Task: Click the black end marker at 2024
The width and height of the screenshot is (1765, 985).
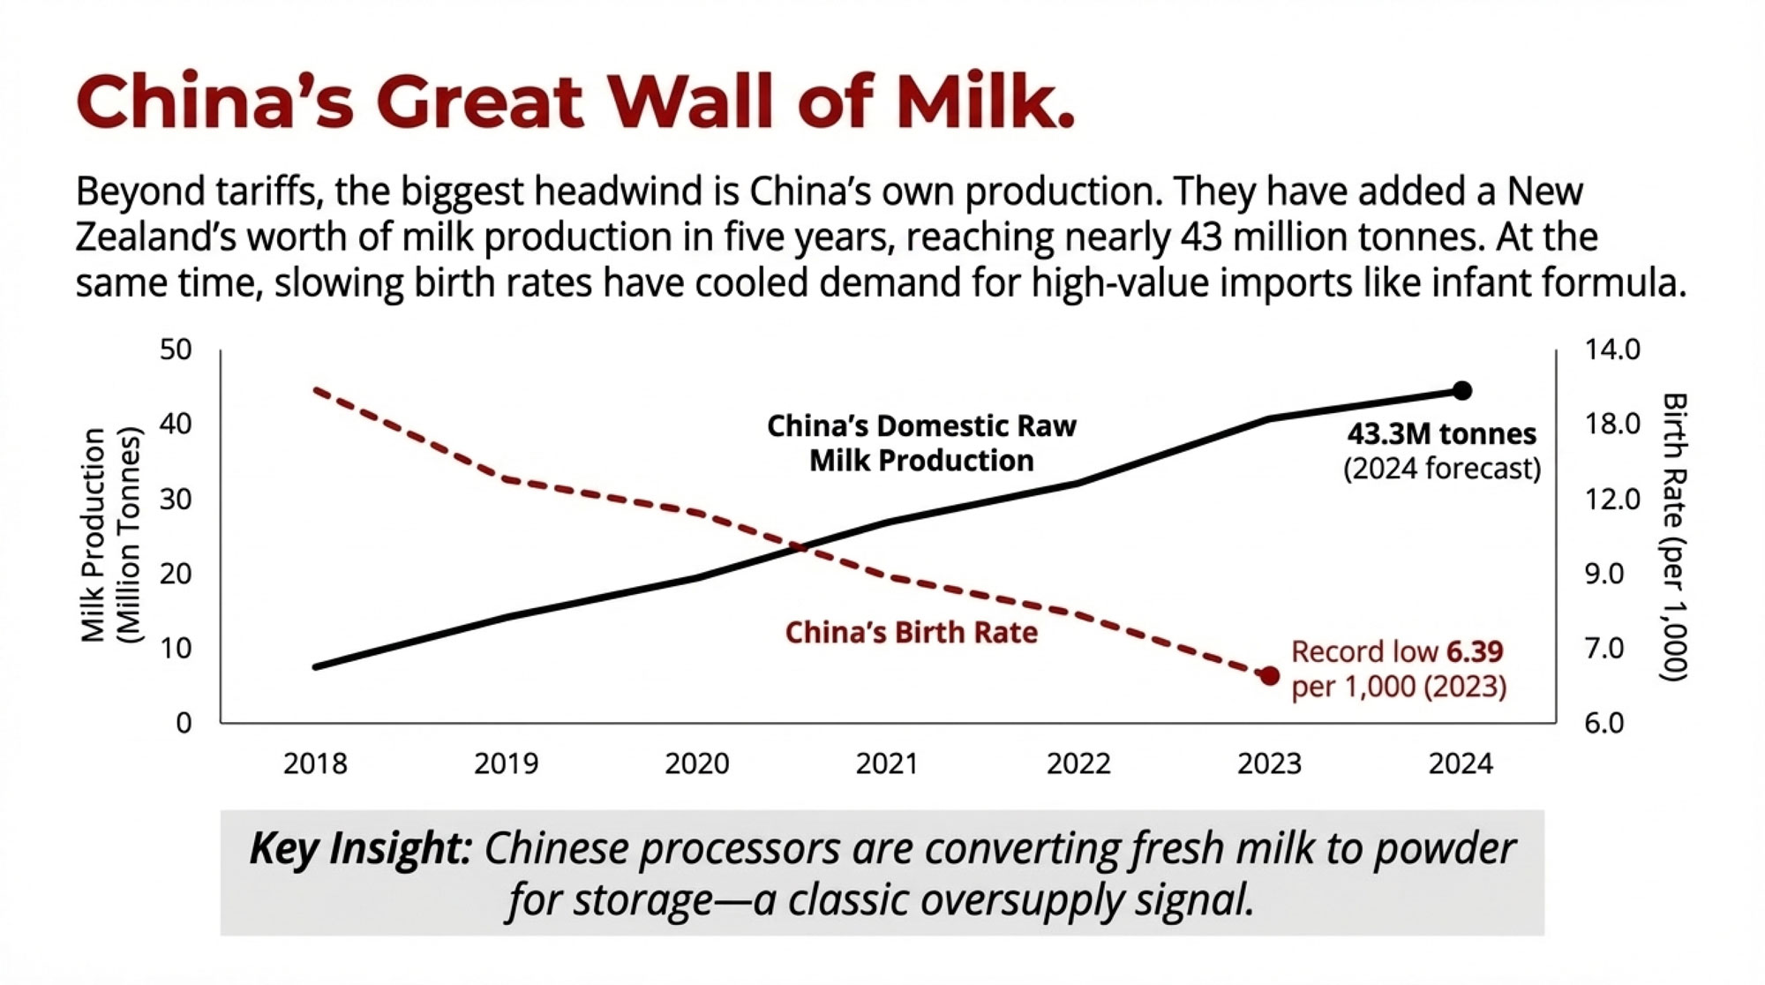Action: click(x=1461, y=390)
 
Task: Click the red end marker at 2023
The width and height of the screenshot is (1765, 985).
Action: click(x=1269, y=676)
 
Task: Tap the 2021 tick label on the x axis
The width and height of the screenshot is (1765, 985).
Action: click(x=887, y=763)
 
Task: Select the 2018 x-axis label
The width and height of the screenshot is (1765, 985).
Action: click(x=315, y=763)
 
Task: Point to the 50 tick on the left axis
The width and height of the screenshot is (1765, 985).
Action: click(x=176, y=350)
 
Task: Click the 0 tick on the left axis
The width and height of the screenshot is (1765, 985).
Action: click(x=184, y=723)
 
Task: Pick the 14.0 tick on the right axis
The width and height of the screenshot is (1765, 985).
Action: click(x=1612, y=350)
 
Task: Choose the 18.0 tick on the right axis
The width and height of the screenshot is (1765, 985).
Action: click(x=1612, y=425)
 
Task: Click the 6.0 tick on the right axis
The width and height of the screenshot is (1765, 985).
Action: click(x=1604, y=723)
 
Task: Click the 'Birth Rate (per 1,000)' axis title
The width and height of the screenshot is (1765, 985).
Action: click(x=1674, y=537)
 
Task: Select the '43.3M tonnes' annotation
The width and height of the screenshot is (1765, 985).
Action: click(x=1442, y=434)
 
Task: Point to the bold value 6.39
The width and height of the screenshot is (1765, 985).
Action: click(x=1475, y=651)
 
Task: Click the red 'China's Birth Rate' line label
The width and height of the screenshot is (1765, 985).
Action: click(x=912, y=633)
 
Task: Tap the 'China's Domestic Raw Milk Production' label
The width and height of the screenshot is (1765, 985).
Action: click(x=921, y=443)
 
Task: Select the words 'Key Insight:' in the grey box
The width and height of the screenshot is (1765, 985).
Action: click(x=360, y=849)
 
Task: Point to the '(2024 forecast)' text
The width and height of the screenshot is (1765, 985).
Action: click(x=1442, y=469)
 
